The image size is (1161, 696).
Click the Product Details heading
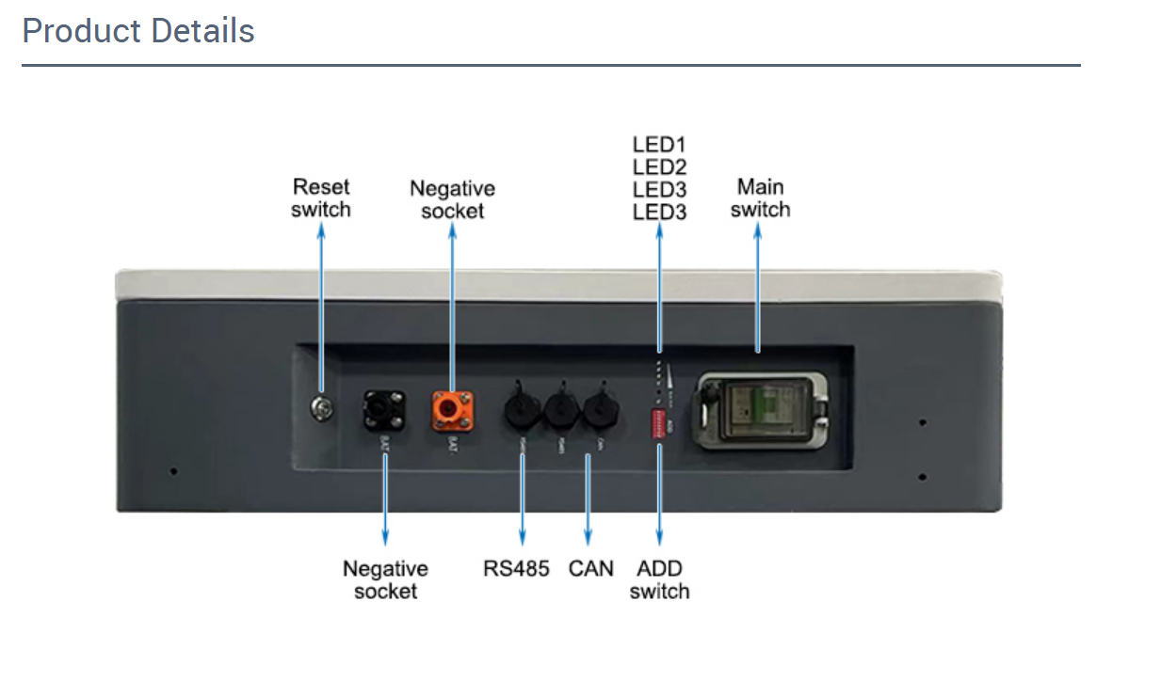(138, 31)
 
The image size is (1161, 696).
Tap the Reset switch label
(320, 198)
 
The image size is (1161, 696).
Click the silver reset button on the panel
(321, 406)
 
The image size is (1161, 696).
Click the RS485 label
(516, 568)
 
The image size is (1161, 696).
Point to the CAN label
(590, 568)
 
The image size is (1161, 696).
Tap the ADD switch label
(659, 579)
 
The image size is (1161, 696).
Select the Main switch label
(760, 198)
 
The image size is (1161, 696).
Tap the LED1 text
(659, 146)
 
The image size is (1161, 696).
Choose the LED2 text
(659, 167)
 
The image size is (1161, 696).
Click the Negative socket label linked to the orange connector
(452, 199)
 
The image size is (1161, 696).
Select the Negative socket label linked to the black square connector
(385, 579)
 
